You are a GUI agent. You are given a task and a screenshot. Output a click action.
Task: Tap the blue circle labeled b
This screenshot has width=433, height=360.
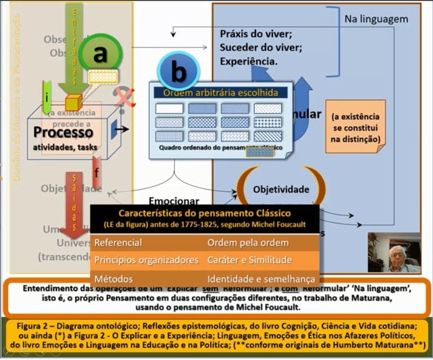[x=178, y=72]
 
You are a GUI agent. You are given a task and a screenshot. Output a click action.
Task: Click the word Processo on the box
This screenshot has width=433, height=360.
[x=63, y=132]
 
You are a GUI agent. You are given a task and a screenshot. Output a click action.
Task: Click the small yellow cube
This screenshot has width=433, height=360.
[x=73, y=102]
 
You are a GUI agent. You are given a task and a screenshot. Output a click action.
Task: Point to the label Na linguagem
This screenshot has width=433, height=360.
[x=376, y=19]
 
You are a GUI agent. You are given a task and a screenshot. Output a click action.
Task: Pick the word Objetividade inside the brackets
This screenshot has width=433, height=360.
[x=281, y=190]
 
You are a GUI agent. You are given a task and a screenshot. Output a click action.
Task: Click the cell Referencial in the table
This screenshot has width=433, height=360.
[x=119, y=243]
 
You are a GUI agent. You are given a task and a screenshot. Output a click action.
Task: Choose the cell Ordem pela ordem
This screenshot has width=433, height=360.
[x=238, y=243]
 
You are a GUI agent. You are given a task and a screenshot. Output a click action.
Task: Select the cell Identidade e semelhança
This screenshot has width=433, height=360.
[x=261, y=279]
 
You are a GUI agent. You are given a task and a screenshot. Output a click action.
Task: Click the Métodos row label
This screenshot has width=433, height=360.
[x=113, y=279]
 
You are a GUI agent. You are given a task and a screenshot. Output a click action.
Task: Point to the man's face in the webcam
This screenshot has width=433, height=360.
[x=396, y=255]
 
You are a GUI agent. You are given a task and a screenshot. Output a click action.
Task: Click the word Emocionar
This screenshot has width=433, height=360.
[x=174, y=201]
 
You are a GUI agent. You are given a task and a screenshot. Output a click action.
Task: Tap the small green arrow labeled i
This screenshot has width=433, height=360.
[x=48, y=97]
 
